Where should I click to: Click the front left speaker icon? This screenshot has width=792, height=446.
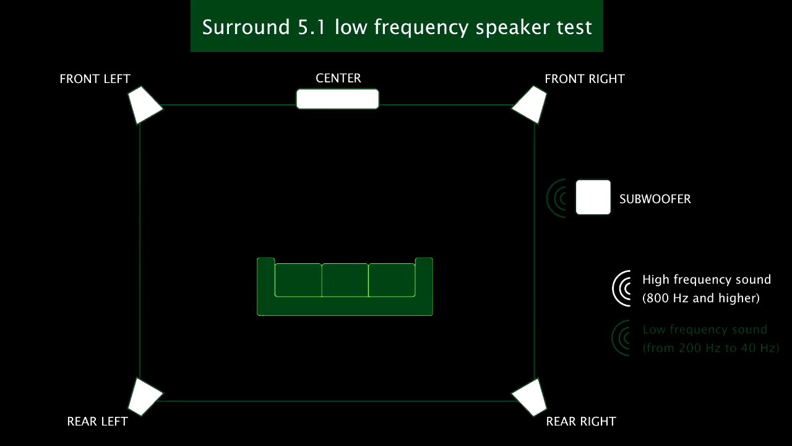click(144, 105)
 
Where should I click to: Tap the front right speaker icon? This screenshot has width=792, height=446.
click(530, 105)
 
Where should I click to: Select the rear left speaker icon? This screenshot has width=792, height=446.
click(144, 396)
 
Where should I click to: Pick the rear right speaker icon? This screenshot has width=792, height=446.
click(530, 396)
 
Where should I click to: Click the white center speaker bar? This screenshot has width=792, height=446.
click(337, 99)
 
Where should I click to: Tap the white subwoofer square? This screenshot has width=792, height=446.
click(593, 198)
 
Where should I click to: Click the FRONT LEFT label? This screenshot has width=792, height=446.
click(95, 79)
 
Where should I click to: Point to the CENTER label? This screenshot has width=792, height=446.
click(338, 78)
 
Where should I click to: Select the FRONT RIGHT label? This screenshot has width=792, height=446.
click(584, 79)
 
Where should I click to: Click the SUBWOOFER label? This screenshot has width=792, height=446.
click(655, 199)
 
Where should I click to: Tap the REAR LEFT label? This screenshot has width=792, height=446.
click(97, 421)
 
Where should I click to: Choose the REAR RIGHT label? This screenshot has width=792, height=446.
click(581, 421)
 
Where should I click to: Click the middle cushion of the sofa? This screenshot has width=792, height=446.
click(345, 280)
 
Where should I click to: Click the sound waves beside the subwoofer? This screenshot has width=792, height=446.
click(557, 198)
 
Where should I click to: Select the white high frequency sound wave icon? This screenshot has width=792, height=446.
click(622, 288)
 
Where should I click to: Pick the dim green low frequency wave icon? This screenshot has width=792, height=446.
click(621, 338)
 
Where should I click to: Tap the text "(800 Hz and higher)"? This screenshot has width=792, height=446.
click(700, 298)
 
